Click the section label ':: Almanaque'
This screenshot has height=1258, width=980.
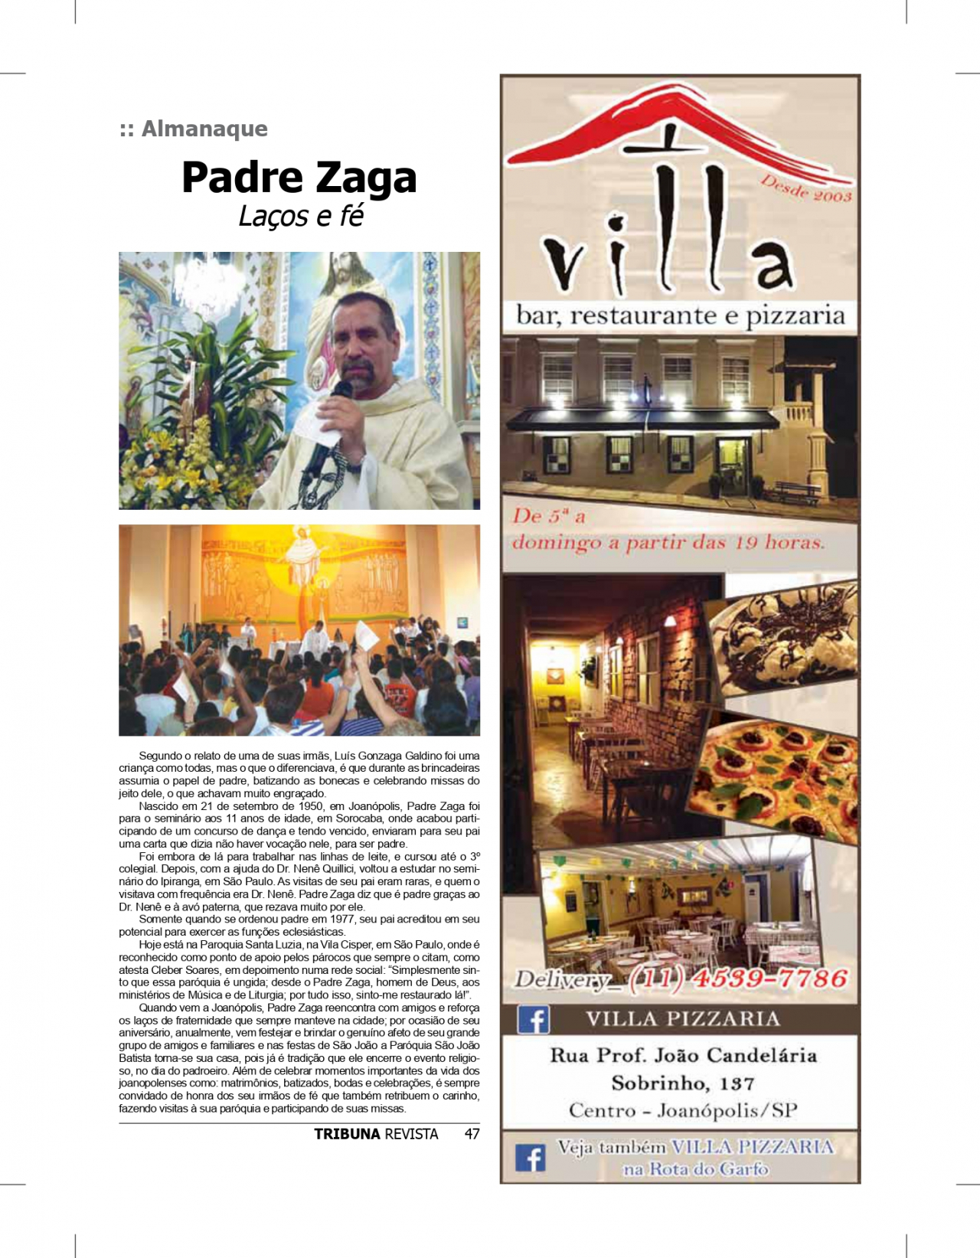click(194, 129)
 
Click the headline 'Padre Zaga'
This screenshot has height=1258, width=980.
click(299, 178)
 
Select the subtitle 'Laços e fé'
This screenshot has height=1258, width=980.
click(300, 217)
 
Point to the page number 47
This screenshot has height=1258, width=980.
click(472, 1134)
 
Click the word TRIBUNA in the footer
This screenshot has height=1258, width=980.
click(347, 1134)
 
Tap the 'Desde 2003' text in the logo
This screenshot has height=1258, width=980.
click(805, 189)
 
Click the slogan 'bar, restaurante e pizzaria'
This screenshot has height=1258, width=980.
click(680, 315)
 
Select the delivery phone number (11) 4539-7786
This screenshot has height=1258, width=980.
click(738, 979)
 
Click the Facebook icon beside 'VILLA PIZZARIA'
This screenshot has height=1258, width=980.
click(534, 1019)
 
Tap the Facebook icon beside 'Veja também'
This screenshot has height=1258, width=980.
click(530, 1157)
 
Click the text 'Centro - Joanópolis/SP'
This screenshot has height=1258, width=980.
click(683, 1110)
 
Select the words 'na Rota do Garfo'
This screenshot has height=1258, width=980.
click(695, 1169)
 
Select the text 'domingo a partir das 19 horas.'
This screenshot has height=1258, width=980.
click(668, 543)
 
